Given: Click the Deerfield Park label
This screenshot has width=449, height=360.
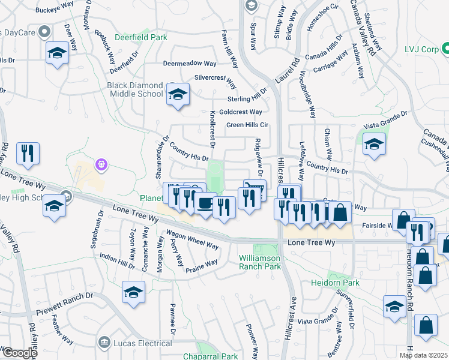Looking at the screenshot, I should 142,37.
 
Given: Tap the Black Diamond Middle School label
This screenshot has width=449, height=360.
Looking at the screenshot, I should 135,89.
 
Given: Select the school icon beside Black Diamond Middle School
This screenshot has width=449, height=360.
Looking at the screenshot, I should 178,95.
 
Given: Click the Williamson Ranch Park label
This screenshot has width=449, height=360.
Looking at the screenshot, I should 260,261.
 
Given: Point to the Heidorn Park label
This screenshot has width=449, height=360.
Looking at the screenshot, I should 335,282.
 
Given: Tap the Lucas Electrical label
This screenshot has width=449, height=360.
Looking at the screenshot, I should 142,343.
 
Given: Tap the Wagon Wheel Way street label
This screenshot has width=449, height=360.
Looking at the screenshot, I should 193,240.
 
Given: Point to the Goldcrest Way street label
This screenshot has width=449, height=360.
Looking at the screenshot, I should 240,112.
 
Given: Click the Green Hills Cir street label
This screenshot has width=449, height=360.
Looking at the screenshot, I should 247,125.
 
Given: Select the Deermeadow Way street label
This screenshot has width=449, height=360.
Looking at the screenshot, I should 190,63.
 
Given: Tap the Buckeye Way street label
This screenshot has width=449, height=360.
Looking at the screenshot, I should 54,10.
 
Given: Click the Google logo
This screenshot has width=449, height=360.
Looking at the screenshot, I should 19,353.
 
